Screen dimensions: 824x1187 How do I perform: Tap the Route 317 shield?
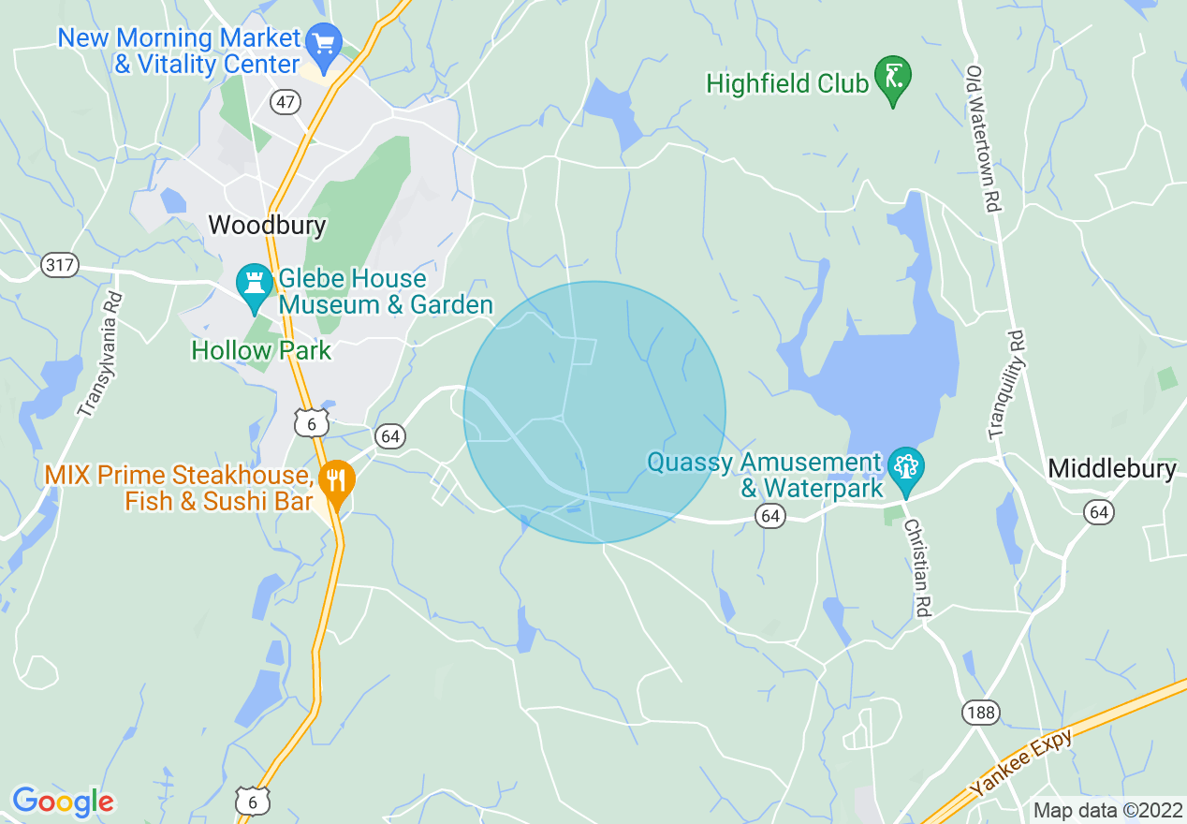tap(59, 266)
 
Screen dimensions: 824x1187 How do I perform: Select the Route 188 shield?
tap(980, 714)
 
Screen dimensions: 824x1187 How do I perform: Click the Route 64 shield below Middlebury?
tap(1099, 511)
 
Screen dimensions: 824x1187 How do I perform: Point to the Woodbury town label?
tap(267, 225)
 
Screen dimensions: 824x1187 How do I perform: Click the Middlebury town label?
tap(1111, 468)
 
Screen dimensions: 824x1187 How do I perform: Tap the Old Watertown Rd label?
tap(983, 138)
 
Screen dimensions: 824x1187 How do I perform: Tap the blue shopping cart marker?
tap(324, 43)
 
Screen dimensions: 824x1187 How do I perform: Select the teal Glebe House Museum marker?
tap(254, 285)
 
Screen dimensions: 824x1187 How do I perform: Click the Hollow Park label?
tap(261, 351)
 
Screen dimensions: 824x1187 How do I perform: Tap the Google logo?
tap(63, 802)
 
